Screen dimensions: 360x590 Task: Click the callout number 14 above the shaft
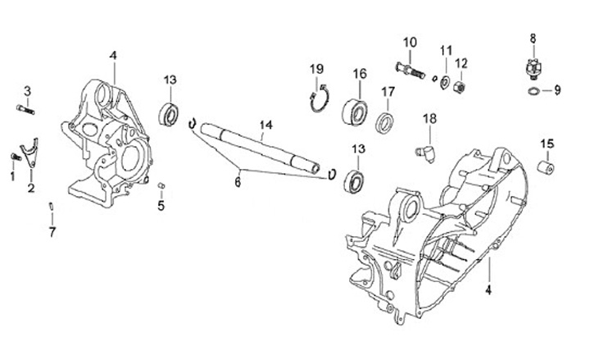(x=264, y=125)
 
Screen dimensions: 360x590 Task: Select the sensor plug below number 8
(x=532, y=66)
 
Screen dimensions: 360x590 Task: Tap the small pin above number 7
(x=52, y=205)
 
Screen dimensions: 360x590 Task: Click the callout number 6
(x=238, y=183)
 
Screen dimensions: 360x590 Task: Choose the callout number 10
(x=410, y=41)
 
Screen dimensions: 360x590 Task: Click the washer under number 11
(x=442, y=80)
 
